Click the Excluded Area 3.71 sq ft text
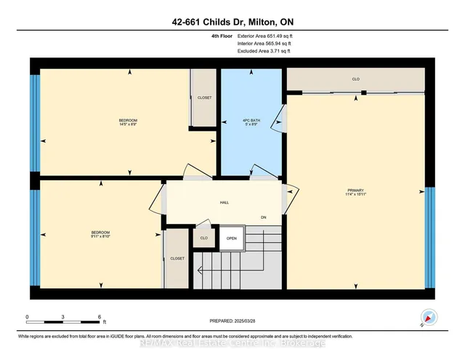click(x=264, y=52)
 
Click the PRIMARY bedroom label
click(x=355, y=191)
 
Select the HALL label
click(x=225, y=202)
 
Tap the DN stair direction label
click(x=265, y=217)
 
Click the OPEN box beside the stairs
click(x=231, y=239)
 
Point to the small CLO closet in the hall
click(x=204, y=239)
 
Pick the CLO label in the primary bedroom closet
click(x=355, y=79)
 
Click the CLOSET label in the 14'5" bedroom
click(x=204, y=97)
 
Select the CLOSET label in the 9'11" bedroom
click(x=177, y=258)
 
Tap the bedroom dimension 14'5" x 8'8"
click(x=128, y=122)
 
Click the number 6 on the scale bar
click(x=99, y=317)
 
